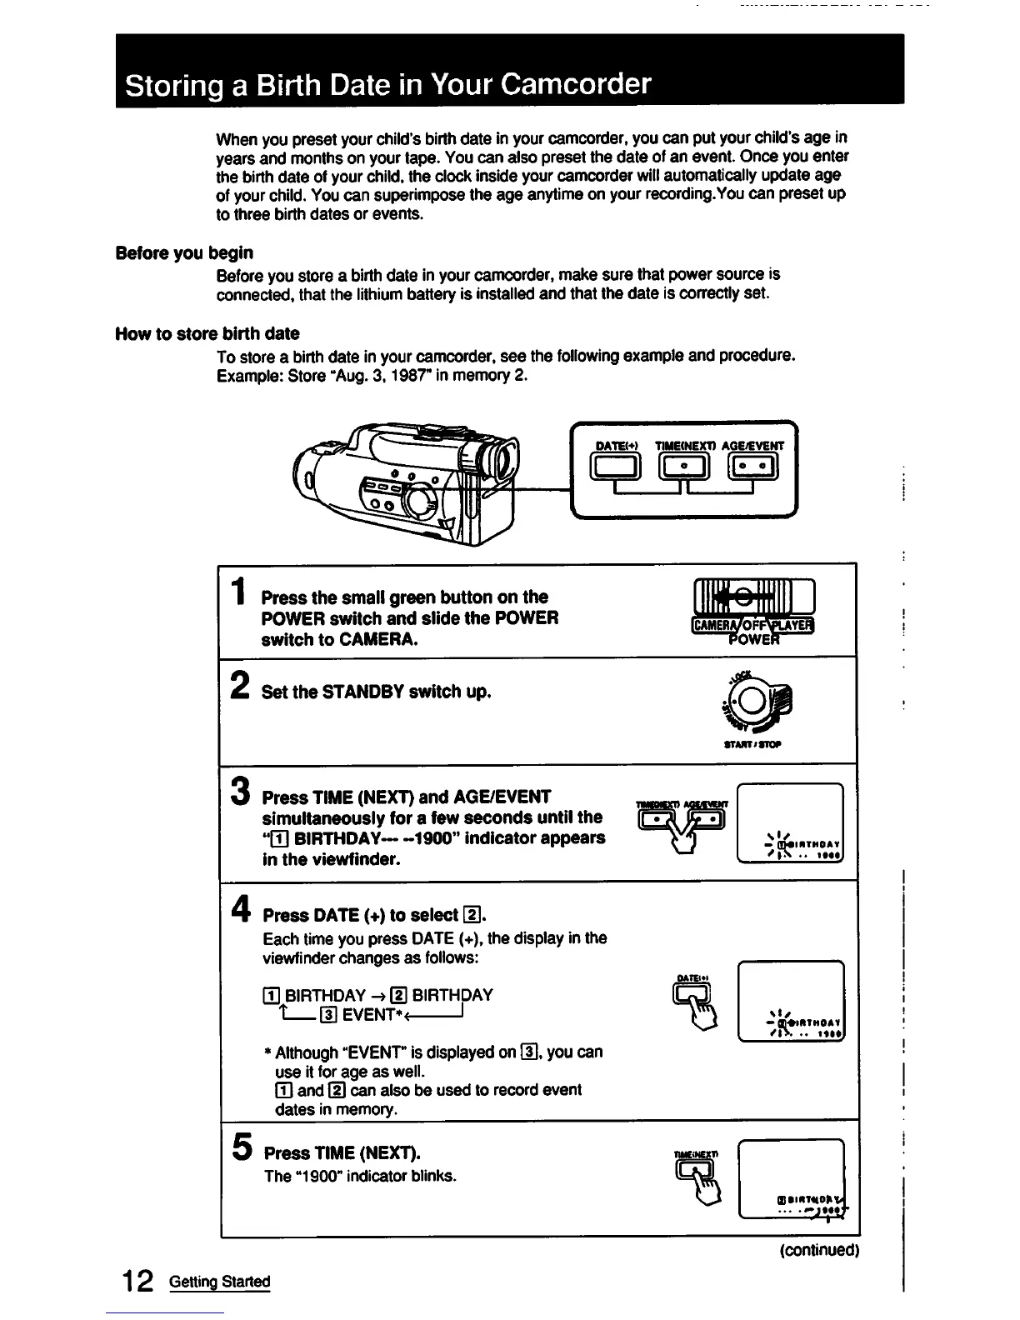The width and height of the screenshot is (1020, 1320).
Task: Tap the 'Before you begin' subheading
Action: click(184, 252)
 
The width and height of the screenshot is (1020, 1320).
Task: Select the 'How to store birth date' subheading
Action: click(207, 333)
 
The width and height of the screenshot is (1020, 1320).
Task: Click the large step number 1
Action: click(239, 592)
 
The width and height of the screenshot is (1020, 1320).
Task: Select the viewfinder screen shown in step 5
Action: click(791, 1179)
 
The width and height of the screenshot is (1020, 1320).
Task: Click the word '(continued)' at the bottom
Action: click(819, 1250)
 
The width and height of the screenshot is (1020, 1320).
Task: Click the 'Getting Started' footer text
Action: click(220, 1282)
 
